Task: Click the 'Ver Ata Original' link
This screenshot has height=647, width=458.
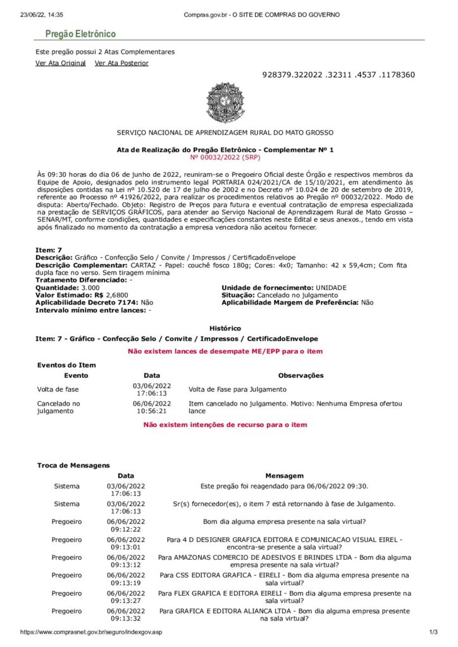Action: tap(60, 63)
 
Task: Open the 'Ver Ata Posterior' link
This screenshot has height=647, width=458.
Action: tap(121, 63)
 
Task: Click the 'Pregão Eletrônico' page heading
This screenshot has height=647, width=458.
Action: tap(80, 34)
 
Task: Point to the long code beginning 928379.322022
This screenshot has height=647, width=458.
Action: tap(338, 75)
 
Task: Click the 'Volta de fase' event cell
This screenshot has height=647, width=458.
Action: tap(54, 389)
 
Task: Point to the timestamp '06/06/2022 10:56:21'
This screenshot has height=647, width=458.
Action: tap(151, 407)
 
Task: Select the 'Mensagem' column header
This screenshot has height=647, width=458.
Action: tap(284, 475)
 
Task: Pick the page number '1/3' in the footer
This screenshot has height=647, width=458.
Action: tap(433, 632)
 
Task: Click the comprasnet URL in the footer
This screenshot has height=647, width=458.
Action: tap(91, 632)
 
